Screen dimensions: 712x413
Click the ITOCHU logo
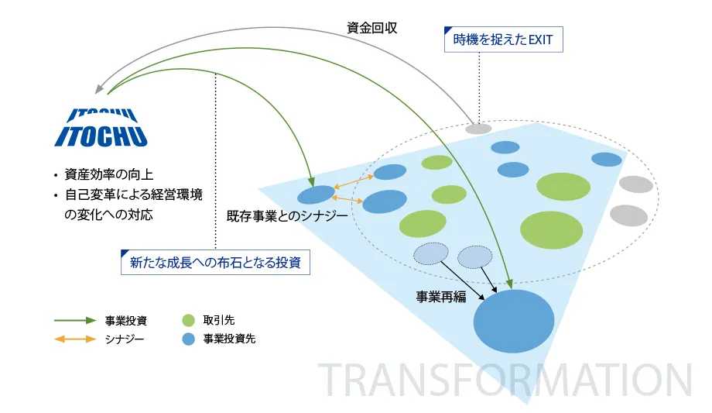pyautogui.click(x=101, y=128)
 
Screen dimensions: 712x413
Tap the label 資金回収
pyautogui.click(x=372, y=28)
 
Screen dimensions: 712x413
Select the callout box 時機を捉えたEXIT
pyautogui.click(x=503, y=40)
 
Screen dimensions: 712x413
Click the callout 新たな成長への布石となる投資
pyautogui.click(x=215, y=263)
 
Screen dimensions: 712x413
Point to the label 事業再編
pyautogui.click(x=441, y=297)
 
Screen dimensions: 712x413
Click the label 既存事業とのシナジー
pyautogui.click(x=287, y=215)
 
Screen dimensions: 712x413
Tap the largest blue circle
pyautogui.click(x=514, y=321)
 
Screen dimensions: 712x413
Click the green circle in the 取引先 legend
pyautogui.click(x=188, y=320)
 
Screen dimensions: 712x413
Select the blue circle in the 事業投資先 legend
pyautogui.click(x=188, y=339)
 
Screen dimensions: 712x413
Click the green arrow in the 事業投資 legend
pyautogui.click(x=75, y=320)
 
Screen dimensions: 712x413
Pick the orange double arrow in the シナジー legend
pyautogui.click(x=75, y=339)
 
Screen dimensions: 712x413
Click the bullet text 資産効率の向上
pyautogui.click(x=108, y=174)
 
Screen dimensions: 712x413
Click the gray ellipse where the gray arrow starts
pyautogui.click(x=478, y=129)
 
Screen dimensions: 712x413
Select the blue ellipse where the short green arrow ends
pyautogui.click(x=316, y=194)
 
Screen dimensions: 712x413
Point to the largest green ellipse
pyautogui.click(x=551, y=230)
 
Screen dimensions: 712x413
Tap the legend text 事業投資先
pyautogui.click(x=229, y=339)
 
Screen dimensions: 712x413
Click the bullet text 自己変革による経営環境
pyautogui.click(x=133, y=194)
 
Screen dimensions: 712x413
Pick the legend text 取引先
pyautogui.click(x=218, y=320)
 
